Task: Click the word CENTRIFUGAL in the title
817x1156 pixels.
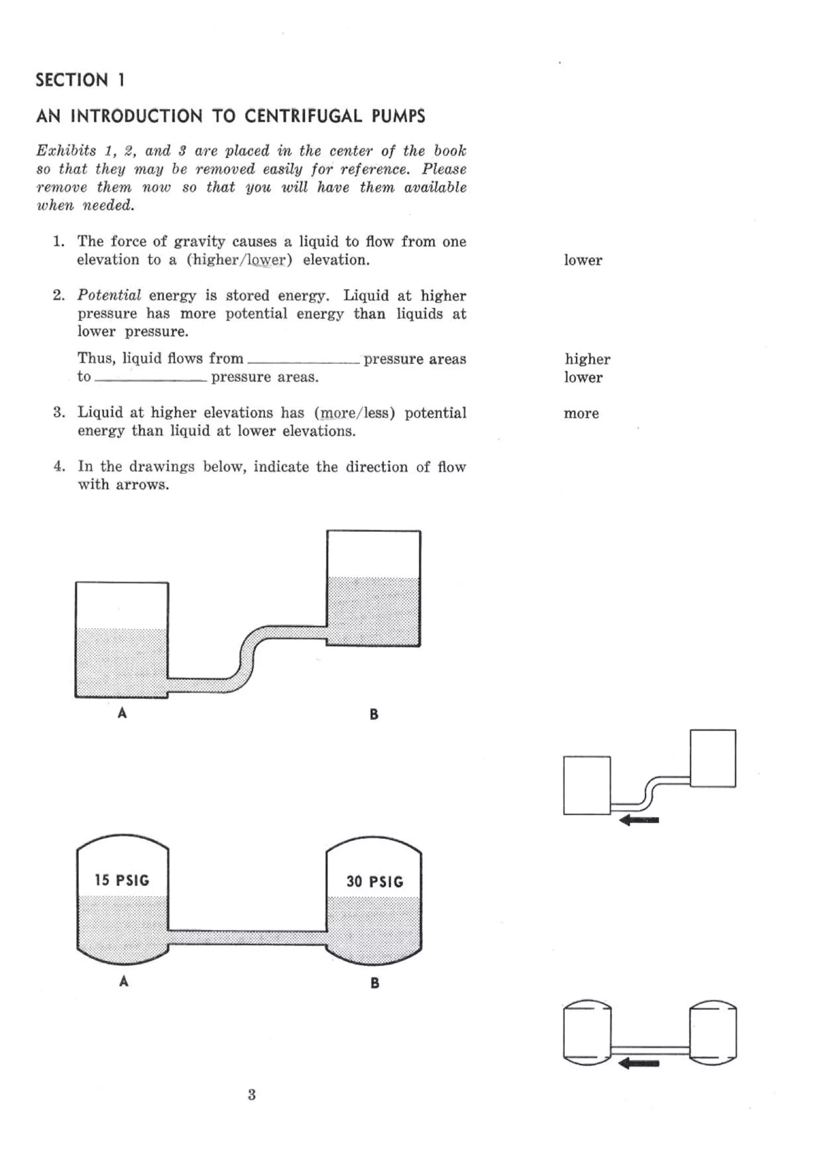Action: tap(303, 116)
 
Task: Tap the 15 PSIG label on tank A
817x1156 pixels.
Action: tap(122, 880)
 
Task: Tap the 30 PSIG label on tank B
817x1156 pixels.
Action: tap(375, 881)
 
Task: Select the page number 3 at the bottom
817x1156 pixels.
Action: tap(252, 1094)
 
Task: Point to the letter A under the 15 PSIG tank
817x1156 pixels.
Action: tap(124, 981)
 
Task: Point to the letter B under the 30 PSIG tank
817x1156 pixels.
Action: tap(375, 983)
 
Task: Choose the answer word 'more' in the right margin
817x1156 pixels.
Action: tap(581, 413)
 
